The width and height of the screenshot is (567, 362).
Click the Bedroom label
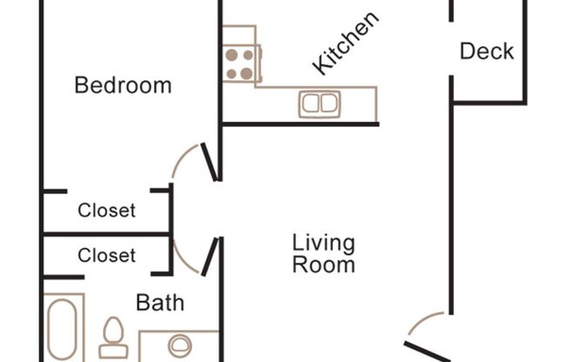[123, 85]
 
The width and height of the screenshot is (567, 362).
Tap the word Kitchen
[346, 44]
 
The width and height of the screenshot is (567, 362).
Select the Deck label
[486, 51]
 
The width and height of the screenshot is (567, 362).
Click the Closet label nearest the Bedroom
[106, 210]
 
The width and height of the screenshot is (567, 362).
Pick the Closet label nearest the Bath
[106, 256]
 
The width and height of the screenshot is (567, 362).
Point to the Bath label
[160, 303]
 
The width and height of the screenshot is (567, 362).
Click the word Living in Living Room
[323, 243]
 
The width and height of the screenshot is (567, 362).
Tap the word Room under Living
[323, 265]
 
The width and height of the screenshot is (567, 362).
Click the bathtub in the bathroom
[63, 331]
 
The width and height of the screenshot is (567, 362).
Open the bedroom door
[209, 162]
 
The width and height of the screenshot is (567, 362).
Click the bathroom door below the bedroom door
[209, 258]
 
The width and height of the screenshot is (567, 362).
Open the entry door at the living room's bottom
[426, 348]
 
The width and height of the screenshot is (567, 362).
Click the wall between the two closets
[106, 234]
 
